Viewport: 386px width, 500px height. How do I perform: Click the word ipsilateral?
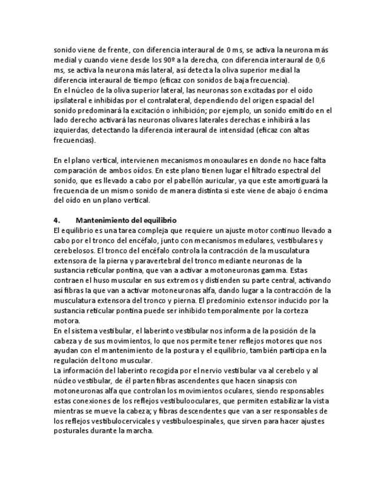pyautogui.click(x=72, y=100)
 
